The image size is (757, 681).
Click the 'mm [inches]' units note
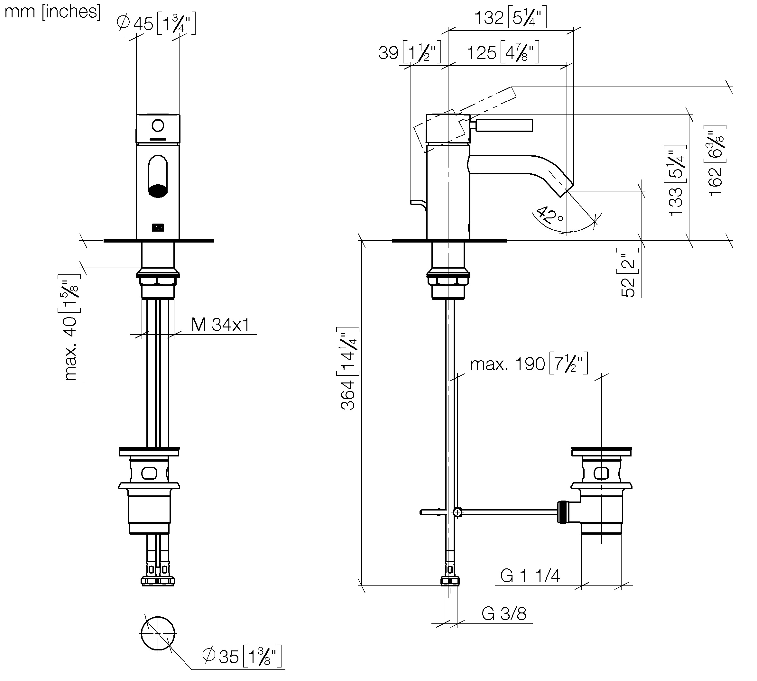[52, 12]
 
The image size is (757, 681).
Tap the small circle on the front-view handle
[158, 125]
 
